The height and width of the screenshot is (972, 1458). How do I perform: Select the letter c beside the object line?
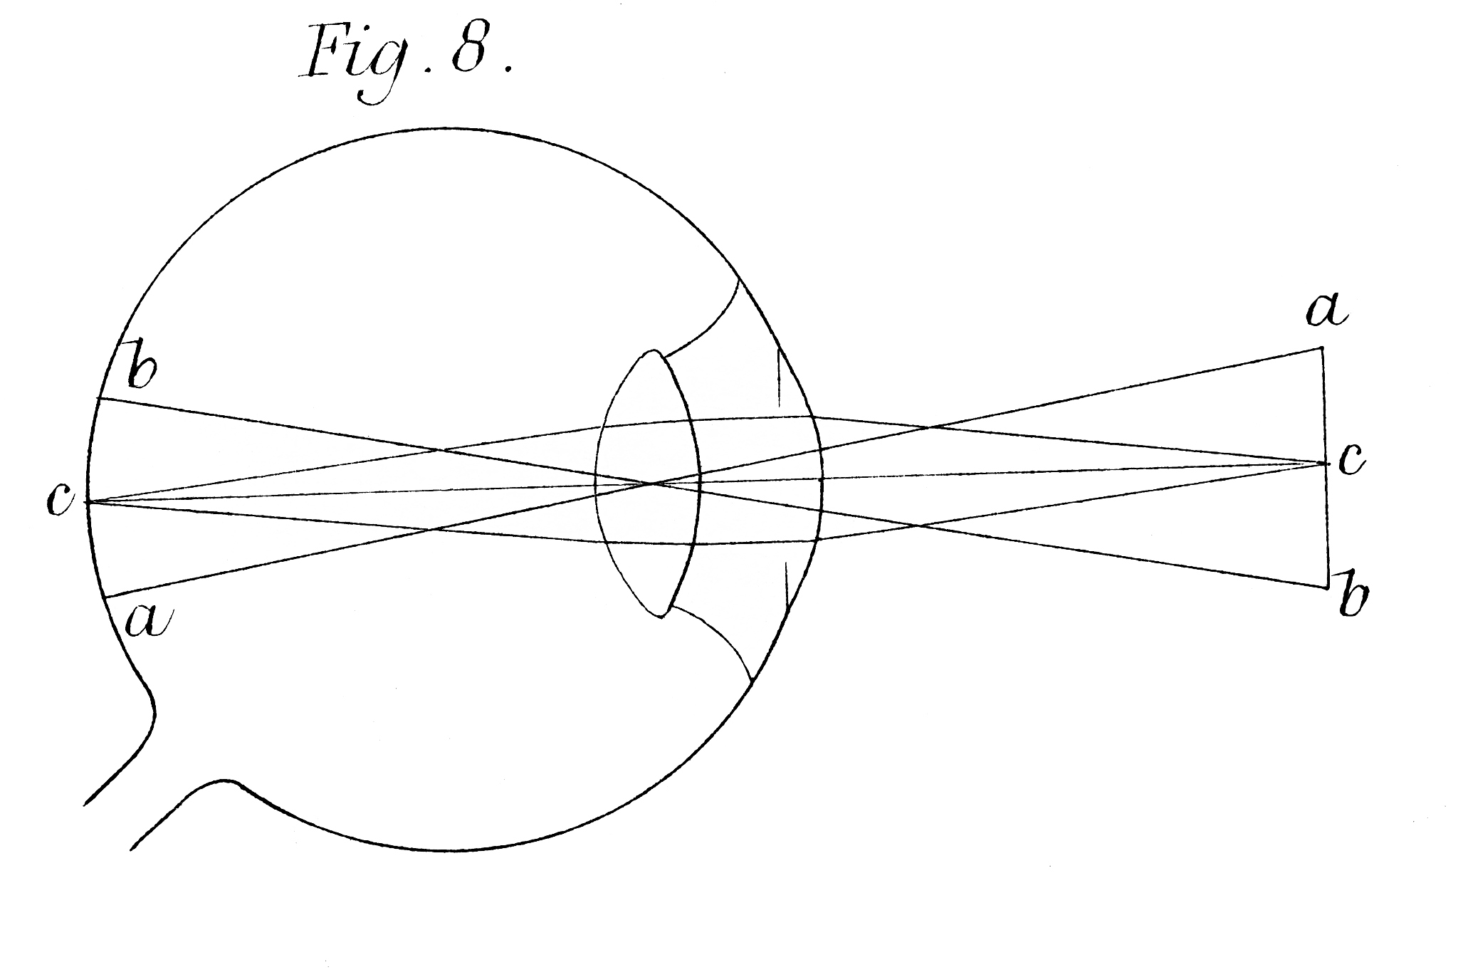pos(1351,461)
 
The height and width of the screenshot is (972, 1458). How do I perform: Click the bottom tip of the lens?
pos(660,617)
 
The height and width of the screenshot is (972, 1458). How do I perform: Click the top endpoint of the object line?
pos(1323,347)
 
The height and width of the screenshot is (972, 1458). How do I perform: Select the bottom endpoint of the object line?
pos(1328,587)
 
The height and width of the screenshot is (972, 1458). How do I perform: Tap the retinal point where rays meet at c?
pos(87,502)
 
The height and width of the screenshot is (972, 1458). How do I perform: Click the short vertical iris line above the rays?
pos(779,381)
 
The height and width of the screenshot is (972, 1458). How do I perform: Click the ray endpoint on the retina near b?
pos(98,398)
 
